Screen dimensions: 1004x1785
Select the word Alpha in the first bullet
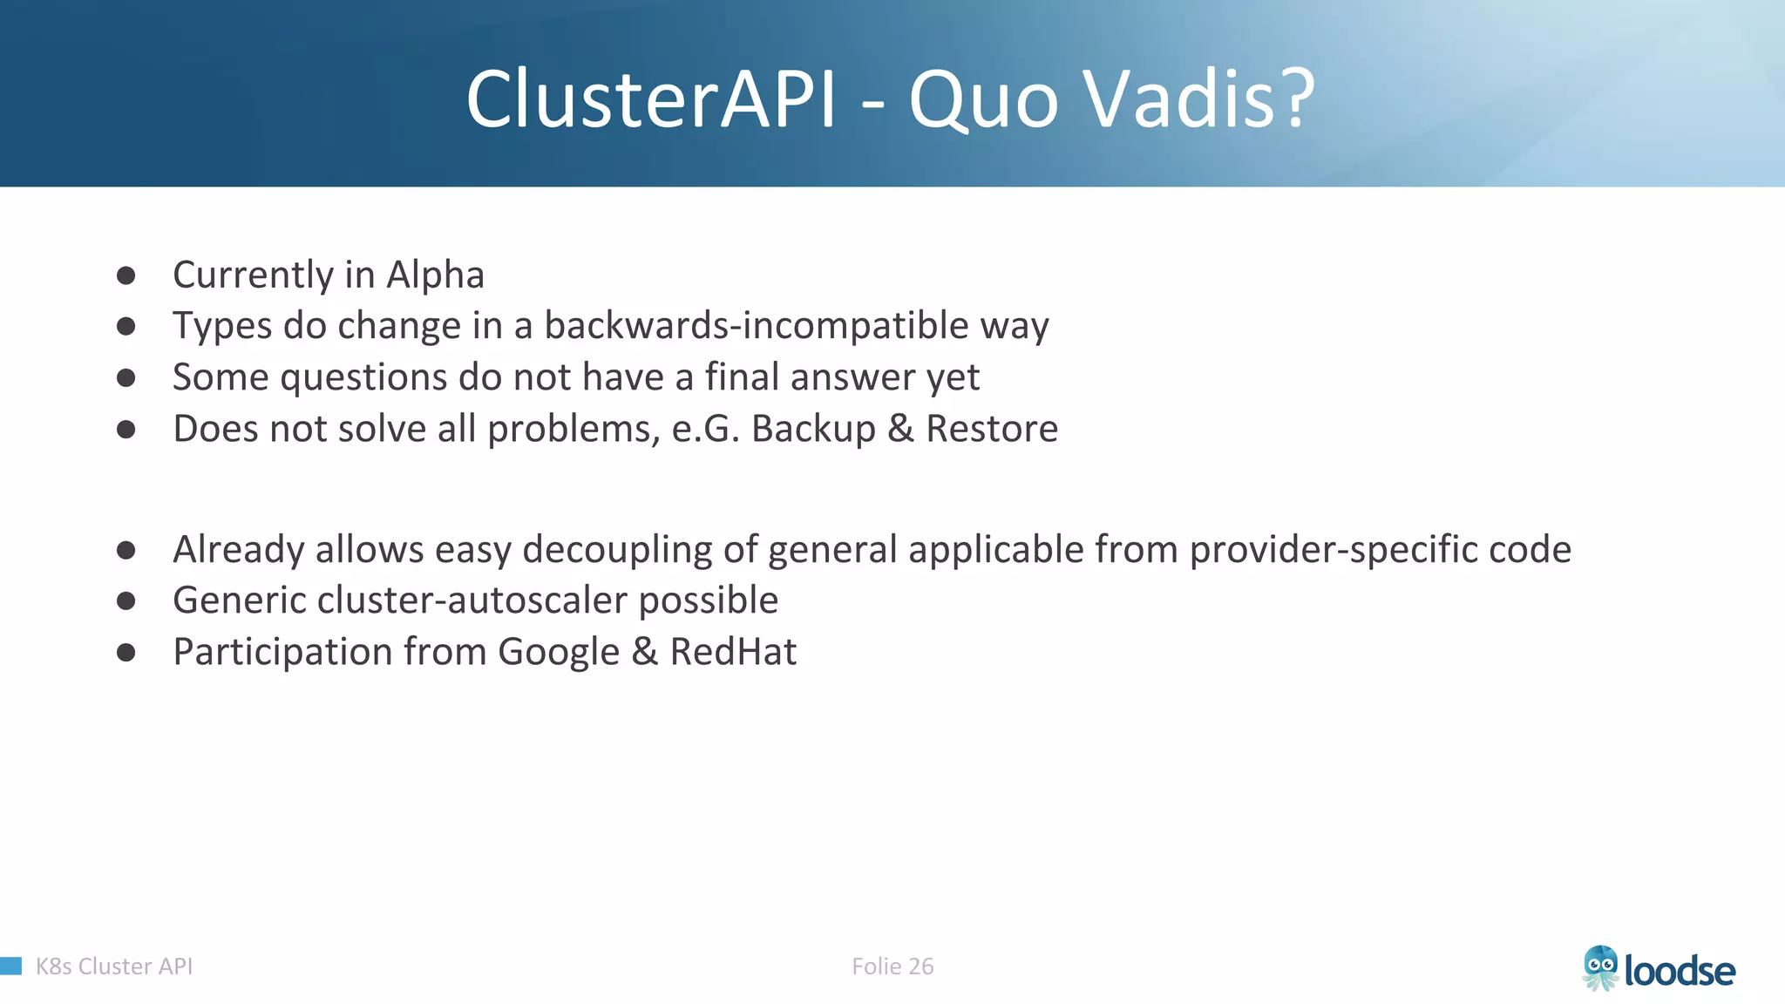pos(435,275)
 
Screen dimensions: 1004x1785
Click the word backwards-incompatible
pos(756,326)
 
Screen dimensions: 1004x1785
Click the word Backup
pos(813,429)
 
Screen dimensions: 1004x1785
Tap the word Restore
pos(992,429)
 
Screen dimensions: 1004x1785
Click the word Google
pos(559,652)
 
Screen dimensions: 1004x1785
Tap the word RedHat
pos(733,652)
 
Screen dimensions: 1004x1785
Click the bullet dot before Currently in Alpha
pos(126,276)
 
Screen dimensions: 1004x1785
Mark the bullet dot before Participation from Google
pos(126,653)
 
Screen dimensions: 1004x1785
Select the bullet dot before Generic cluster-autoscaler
pos(126,601)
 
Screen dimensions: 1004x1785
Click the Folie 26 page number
pos(892,967)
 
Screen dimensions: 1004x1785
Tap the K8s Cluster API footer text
pos(114,967)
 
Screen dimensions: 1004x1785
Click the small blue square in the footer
pos(10,966)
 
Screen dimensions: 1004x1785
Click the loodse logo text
pos(1680,971)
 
